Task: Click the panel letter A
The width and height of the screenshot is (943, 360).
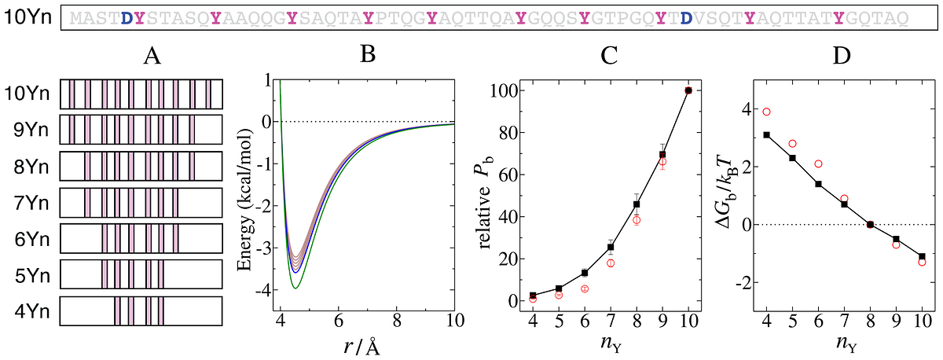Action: pyautogui.click(x=152, y=56)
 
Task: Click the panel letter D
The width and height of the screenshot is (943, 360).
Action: pyautogui.click(x=842, y=56)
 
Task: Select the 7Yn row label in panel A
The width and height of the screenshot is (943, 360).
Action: pyautogui.click(x=31, y=204)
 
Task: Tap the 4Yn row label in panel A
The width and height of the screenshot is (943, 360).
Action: pyautogui.click(x=31, y=311)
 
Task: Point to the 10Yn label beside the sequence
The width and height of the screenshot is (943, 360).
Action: pyautogui.click(x=28, y=17)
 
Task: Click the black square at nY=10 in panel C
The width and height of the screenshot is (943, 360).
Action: pyautogui.click(x=688, y=90)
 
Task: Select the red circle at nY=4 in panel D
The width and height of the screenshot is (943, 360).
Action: pyautogui.click(x=767, y=112)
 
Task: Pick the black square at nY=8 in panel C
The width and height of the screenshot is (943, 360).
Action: pyautogui.click(x=637, y=204)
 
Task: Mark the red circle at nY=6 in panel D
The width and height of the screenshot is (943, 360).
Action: pyautogui.click(x=818, y=163)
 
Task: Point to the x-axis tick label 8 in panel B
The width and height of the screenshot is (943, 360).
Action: pyautogui.click(x=397, y=321)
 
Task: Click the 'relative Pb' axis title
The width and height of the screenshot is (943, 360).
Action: pyautogui.click(x=486, y=202)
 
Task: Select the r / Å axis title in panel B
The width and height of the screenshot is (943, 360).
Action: pyautogui.click(x=363, y=347)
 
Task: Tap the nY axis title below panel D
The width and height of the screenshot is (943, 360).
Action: pyautogui.click(x=846, y=344)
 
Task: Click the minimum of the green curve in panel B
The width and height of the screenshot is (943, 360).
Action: pyautogui.click(x=295, y=288)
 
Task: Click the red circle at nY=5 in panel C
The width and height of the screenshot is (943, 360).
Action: pyautogui.click(x=559, y=296)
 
